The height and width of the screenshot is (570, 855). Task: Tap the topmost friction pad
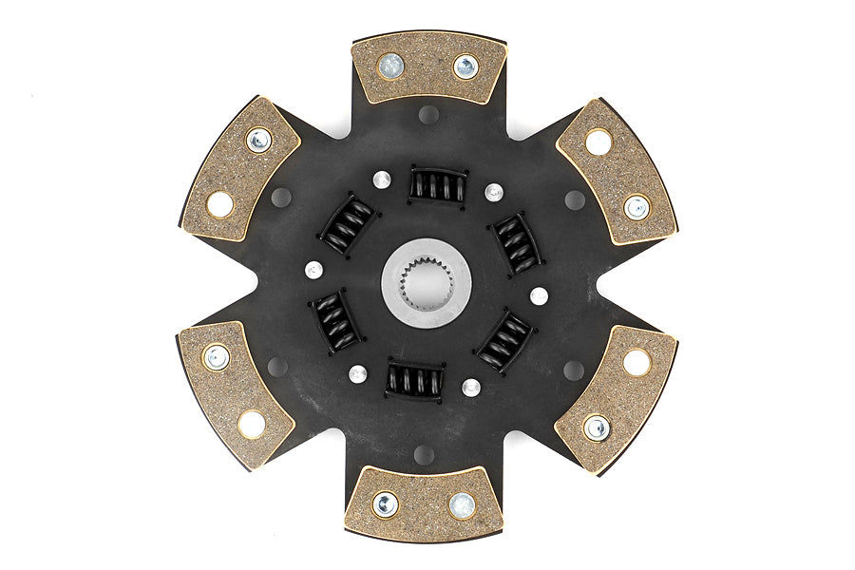428,69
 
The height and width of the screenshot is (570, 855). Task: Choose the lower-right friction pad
616,398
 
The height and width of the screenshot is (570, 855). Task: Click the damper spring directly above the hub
437,184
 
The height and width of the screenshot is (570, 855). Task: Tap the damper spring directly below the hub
415,381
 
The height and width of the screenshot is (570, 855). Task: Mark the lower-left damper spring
334,321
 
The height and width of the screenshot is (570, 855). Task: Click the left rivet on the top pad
389,65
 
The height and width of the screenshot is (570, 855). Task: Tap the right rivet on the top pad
465,66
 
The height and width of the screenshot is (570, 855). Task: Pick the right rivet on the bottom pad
462,505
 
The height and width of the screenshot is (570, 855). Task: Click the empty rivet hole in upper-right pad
598,142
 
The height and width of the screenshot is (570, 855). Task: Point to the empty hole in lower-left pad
252,424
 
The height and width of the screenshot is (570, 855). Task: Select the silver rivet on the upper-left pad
258,141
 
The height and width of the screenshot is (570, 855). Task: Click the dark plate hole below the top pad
429,115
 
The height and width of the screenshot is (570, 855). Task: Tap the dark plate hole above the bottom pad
425,454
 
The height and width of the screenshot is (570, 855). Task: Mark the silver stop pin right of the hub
539,295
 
